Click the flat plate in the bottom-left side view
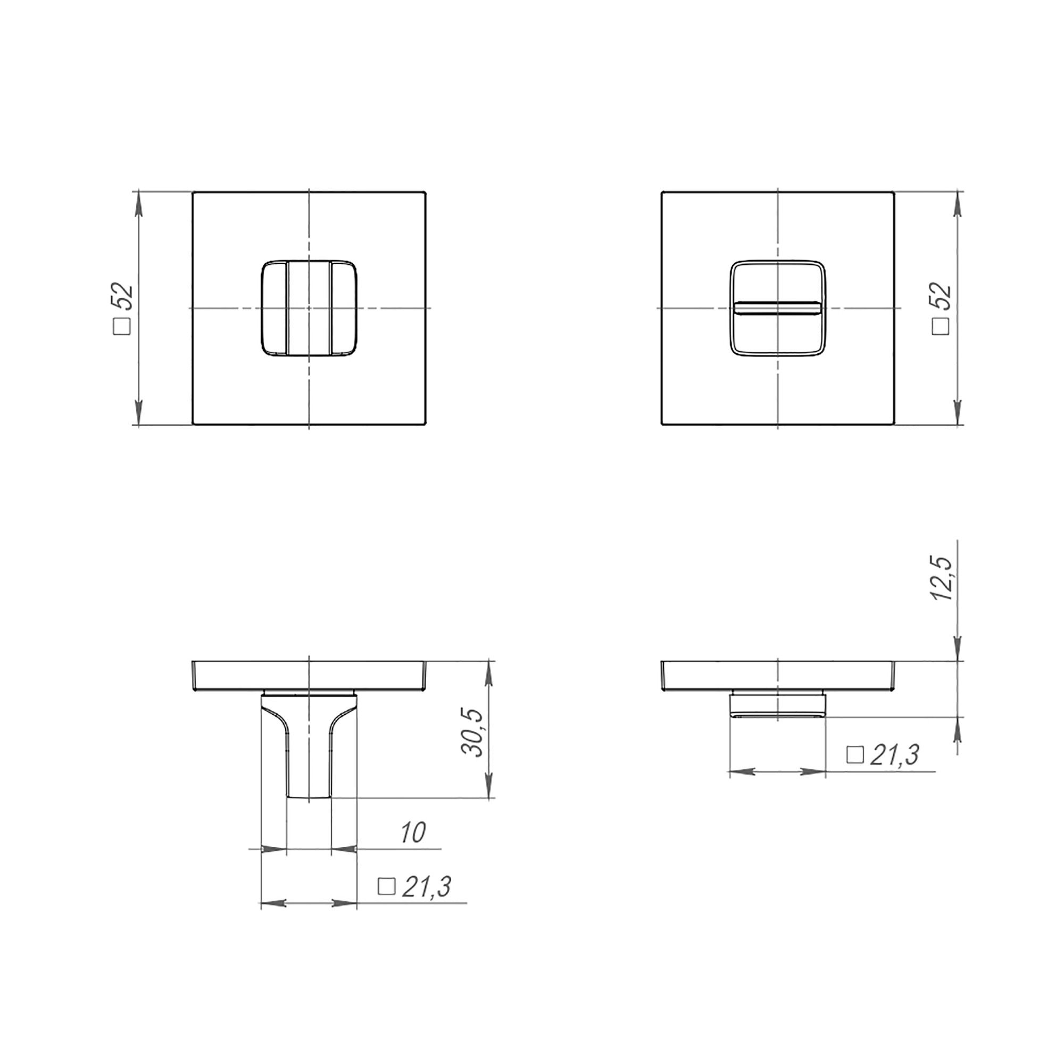pyautogui.click(x=309, y=675)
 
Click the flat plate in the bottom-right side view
pyautogui.click(x=777, y=675)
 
